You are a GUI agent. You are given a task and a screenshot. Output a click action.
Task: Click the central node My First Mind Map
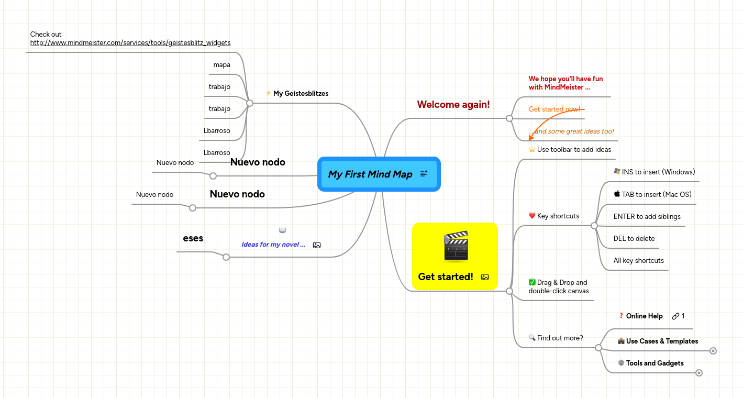(370, 174)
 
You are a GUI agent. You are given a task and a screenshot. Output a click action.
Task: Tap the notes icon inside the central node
(424, 174)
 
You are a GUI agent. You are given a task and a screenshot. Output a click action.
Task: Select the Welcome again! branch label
(453, 105)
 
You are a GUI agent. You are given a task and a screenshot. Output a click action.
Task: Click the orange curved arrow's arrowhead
(531, 138)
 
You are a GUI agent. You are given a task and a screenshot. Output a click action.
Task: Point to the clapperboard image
(455, 246)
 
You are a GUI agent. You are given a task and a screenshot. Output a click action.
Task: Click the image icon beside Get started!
(485, 277)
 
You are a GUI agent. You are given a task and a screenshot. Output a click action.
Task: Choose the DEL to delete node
(634, 239)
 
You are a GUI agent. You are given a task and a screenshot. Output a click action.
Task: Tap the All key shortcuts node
(638, 261)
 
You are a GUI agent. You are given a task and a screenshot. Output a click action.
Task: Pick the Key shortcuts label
(558, 216)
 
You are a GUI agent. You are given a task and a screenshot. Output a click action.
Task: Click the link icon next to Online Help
(675, 316)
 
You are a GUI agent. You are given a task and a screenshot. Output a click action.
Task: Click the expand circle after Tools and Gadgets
(698, 373)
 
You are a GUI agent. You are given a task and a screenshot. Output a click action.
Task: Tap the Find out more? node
(560, 338)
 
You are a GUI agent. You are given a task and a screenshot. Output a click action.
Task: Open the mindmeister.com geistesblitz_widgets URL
(130, 43)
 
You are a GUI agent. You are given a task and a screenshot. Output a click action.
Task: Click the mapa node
(221, 65)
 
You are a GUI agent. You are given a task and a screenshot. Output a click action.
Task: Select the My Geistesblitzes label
(301, 94)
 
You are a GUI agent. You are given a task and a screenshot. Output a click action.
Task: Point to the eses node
(193, 238)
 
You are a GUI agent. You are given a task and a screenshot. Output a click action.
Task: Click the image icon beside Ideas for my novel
(316, 245)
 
